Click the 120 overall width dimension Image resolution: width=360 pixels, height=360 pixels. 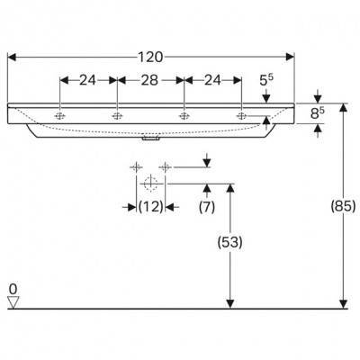coord(150,57)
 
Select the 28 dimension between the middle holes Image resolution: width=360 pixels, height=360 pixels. coord(149,80)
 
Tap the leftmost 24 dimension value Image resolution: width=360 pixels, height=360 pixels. coord(87,80)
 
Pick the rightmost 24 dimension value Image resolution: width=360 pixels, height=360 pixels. coord(212,80)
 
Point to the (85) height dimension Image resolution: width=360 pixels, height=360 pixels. coord(343,206)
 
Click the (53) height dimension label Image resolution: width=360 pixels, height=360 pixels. coord(229,242)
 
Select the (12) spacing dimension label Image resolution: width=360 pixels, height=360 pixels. coord(151,206)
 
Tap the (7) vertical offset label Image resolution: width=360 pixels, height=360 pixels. coord(207,207)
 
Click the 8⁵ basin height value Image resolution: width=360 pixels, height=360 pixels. coord(317,113)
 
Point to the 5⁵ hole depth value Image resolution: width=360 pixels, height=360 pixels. coord(266,80)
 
